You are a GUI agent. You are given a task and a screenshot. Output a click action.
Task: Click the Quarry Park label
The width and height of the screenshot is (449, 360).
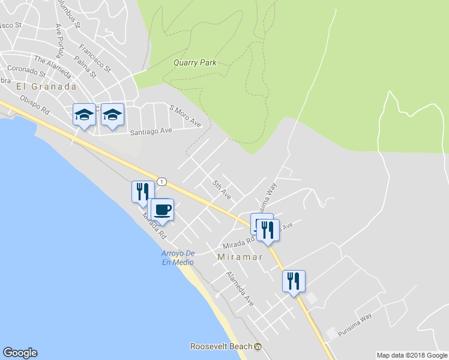pos(194,62)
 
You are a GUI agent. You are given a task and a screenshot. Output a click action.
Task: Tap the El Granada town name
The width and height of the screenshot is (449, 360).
pos(46,86)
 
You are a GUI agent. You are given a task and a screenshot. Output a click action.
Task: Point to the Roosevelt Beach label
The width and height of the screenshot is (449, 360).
pos(221,347)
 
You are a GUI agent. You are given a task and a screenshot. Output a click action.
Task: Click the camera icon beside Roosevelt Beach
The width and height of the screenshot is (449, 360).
pos(258,347)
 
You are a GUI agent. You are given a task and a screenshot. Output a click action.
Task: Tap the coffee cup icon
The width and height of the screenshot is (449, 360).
pos(162,210)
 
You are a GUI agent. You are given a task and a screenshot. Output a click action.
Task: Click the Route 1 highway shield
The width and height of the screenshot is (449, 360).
pos(161,181)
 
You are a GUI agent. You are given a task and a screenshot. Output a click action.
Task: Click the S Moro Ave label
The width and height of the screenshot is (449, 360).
pos(185,115)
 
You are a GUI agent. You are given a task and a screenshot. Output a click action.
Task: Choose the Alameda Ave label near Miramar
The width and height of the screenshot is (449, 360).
pos(240,289)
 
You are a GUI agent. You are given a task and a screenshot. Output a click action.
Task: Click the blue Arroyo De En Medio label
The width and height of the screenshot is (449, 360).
pos(178,257)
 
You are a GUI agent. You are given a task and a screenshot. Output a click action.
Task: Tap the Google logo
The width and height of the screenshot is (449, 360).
pos(20,353)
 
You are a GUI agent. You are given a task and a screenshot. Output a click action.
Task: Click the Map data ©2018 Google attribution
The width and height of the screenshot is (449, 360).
pos(412,355)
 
